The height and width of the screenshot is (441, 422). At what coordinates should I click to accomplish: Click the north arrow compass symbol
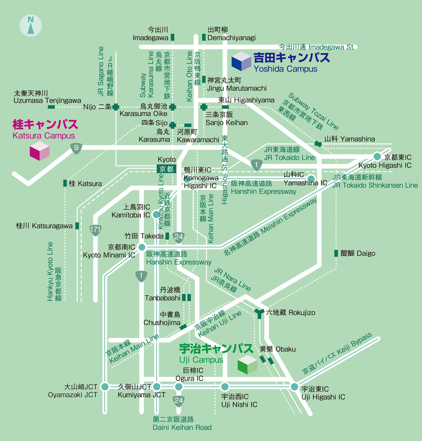pos(31,25)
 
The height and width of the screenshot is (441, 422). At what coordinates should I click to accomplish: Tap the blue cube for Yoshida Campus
pos(241,61)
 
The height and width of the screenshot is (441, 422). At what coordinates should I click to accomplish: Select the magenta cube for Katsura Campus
pos(39,151)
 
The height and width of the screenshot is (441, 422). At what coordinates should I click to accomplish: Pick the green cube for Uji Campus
pos(247,365)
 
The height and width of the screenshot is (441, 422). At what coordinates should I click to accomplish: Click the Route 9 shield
pos(76,148)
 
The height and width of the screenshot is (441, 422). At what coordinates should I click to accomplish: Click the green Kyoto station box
pos(167,169)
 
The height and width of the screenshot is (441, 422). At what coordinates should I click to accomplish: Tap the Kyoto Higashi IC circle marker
pos(377,157)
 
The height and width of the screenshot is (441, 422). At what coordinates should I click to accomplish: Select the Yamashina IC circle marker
pos(311,178)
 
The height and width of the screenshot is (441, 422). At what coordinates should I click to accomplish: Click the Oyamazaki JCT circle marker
pos(105,386)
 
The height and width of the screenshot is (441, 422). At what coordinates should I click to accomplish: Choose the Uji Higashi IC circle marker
pos(294,387)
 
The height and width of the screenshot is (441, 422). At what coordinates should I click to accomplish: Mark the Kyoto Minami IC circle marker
pos(142,247)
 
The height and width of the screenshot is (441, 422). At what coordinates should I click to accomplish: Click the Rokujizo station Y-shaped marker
pos(259,313)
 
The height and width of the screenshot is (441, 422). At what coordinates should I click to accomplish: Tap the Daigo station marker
pos(336,253)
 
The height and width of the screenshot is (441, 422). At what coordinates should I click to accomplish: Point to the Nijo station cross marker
pos(116,107)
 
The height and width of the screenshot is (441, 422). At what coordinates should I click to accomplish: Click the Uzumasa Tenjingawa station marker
pos(51,107)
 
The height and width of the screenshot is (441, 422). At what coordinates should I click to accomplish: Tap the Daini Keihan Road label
pos(182,423)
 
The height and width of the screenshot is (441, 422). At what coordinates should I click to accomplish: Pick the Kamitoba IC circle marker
pos(156,214)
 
